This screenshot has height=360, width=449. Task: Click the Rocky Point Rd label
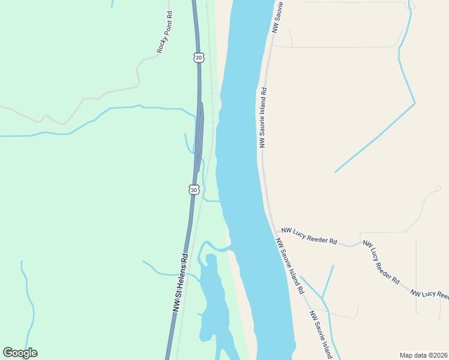coord(164,32)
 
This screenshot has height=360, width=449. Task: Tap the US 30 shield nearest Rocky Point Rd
coord(199,58)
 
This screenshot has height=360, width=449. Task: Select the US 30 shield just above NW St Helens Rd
coord(193,190)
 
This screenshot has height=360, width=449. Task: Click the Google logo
coord(20,353)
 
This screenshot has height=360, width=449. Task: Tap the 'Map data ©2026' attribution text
coord(423,355)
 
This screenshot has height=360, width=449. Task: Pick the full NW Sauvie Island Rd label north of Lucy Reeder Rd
coord(263,118)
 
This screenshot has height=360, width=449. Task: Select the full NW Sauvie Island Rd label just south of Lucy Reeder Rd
coord(289,266)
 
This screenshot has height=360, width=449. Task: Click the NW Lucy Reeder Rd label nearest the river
coord(309,236)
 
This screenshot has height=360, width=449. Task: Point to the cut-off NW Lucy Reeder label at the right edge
coord(430,293)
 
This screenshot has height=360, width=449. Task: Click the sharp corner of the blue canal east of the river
coord(415,103)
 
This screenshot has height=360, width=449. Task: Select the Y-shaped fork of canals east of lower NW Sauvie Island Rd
coord(322,298)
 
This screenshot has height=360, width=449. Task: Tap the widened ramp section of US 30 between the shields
coord(200,129)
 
